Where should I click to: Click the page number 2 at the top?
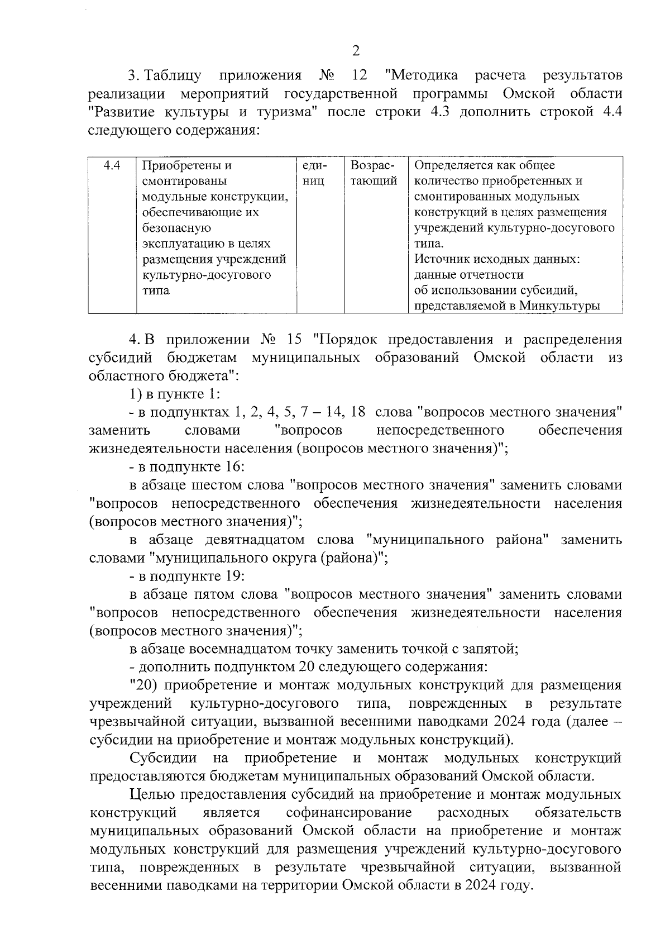(356, 51)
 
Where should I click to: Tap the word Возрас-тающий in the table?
(374, 173)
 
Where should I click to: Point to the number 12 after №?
(360, 75)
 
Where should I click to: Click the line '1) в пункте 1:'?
(175, 394)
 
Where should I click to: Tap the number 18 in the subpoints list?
(357, 412)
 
